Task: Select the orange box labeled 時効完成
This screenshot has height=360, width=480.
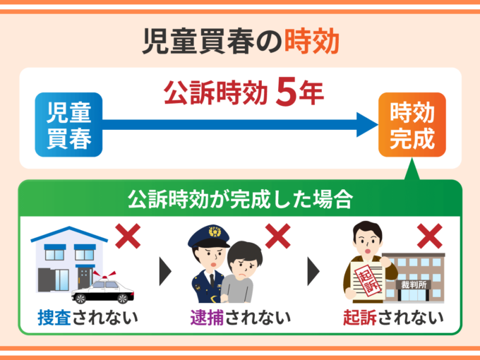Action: pos(412,124)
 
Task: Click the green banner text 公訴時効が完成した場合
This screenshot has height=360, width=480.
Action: pos(239,198)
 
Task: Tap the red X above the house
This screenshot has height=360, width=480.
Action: pos(128,236)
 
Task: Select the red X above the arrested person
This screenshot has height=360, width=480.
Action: pos(277,236)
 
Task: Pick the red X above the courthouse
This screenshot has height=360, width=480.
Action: pos(429,236)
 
